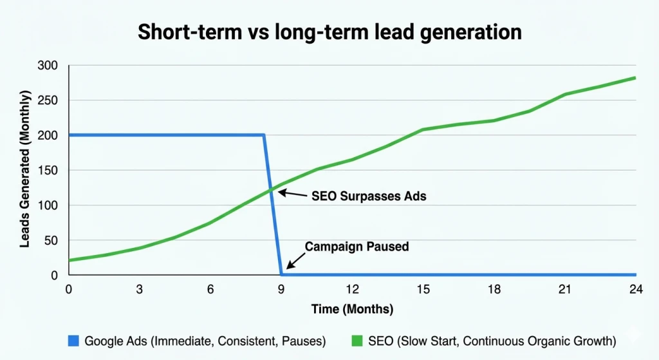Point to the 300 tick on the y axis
click(48, 66)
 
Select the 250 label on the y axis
click(48, 100)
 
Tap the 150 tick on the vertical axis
click(48, 171)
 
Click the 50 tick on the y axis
click(51, 240)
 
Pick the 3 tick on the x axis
click(139, 290)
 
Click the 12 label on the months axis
click(352, 290)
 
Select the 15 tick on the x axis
click(423, 290)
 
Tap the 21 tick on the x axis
click(564, 290)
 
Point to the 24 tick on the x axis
click(635, 290)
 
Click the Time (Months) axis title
click(352, 309)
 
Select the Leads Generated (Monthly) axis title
click(24, 170)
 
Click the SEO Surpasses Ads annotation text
click(369, 196)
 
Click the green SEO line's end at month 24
click(635, 78)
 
